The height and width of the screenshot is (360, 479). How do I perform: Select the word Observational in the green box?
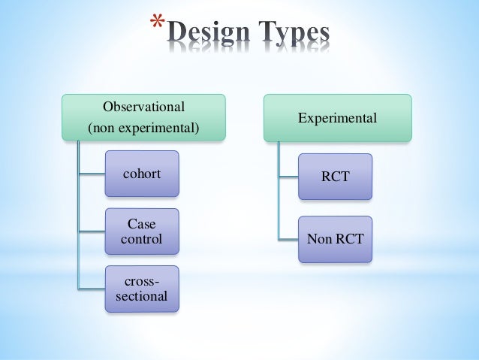click(x=143, y=106)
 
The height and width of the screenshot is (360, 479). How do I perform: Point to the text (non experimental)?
click(x=143, y=129)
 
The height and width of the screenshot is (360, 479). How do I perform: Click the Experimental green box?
click(x=337, y=118)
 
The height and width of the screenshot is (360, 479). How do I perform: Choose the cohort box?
click(x=142, y=174)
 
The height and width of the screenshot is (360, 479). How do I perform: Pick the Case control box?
click(x=142, y=231)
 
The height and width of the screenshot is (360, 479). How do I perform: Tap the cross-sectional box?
click(x=142, y=289)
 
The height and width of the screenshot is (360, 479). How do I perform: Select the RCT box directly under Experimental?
click(x=334, y=177)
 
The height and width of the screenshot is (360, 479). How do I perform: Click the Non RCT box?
click(x=334, y=240)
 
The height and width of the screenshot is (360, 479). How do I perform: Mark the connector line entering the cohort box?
click(x=91, y=174)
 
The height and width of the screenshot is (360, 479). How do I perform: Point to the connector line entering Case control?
click(x=91, y=231)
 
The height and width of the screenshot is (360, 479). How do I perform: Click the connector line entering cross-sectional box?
click(x=91, y=289)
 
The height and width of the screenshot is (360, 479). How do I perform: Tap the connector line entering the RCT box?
click(x=288, y=177)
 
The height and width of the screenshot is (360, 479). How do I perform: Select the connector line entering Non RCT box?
click(x=288, y=240)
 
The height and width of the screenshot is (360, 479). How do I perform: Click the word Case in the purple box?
click(x=142, y=224)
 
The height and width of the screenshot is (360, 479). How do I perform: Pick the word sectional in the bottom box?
click(x=142, y=295)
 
